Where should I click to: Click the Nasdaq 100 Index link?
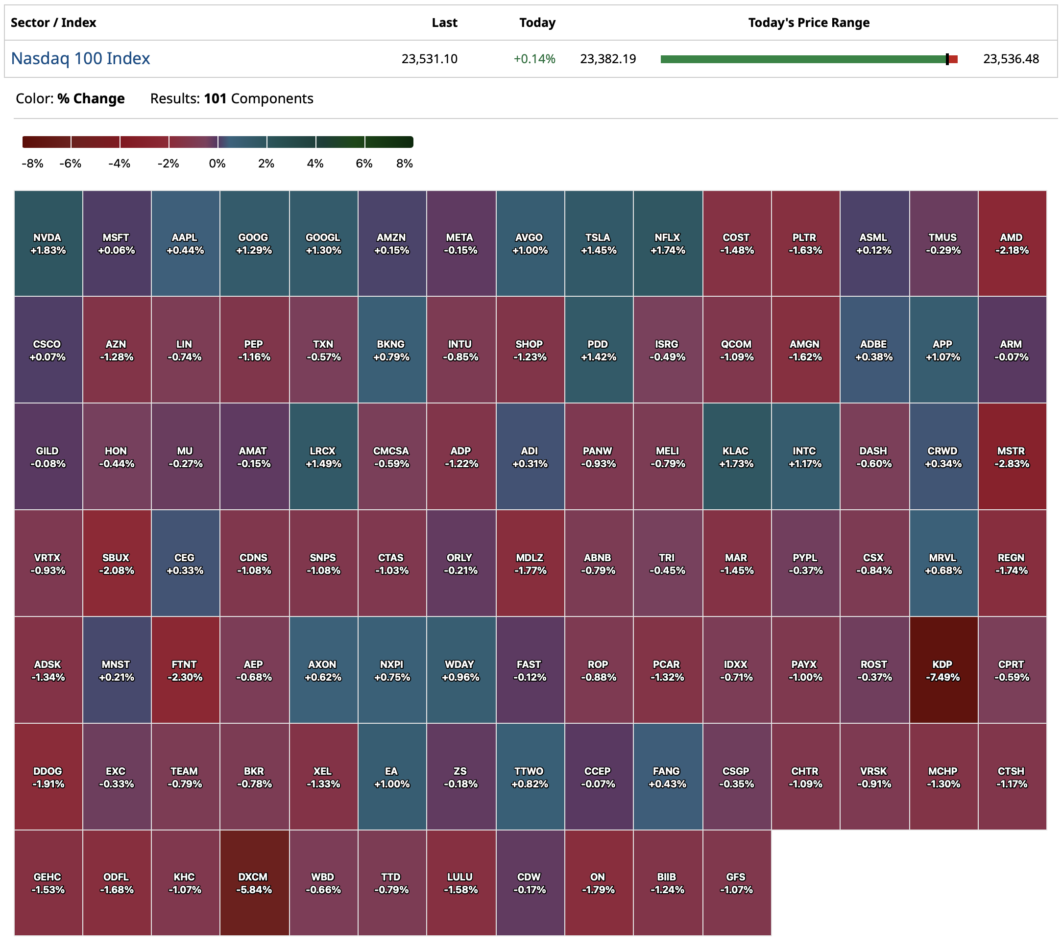click(x=80, y=58)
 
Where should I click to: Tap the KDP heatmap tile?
click(x=942, y=670)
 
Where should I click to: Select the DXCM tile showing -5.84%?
click(x=254, y=883)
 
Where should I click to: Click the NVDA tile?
click(x=48, y=243)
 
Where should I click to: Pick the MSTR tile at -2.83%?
click(x=1012, y=457)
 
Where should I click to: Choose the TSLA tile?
click(x=598, y=243)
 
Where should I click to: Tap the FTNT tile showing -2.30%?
click(x=185, y=670)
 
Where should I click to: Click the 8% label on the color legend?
click(x=404, y=164)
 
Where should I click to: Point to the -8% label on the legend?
click(x=32, y=164)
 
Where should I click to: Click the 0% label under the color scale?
click(x=217, y=164)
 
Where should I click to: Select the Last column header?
click(x=444, y=23)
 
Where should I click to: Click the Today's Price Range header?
click(x=808, y=23)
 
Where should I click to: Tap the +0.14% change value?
click(x=534, y=59)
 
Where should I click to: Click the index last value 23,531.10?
click(x=429, y=59)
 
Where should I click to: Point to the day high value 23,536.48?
click(x=1011, y=59)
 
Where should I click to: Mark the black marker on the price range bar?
click(x=947, y=59)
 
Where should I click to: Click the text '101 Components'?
click(x=258, y=98)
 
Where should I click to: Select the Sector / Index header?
click(x=53, y=23)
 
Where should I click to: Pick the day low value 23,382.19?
click(x=608, y=59)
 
